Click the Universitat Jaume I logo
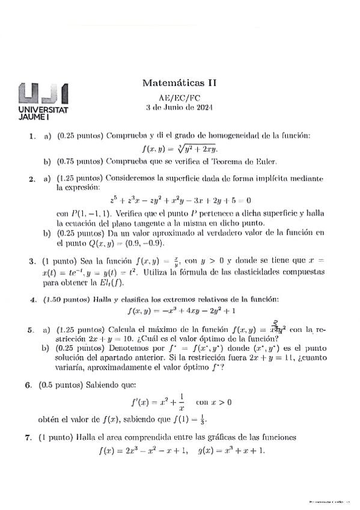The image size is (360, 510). [x=43, y=103]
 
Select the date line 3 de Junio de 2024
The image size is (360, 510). [x=180, y=108]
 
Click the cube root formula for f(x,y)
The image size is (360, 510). [x=179, y=150]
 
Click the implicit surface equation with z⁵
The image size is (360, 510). [x=180, y=200]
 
